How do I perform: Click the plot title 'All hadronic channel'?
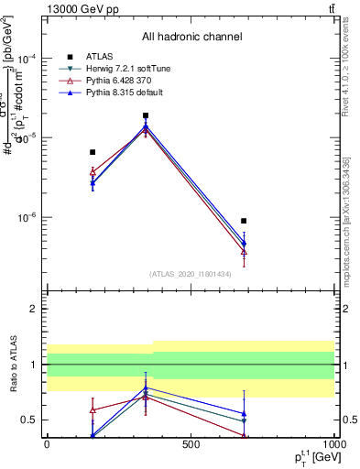click(x=191, y=38)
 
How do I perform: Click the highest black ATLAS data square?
click(x=146, y=115)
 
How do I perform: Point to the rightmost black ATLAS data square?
click(x=244, y=221)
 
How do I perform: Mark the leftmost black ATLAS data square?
click(x=93, y=152)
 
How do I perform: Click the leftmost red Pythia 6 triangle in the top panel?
click(x=93, y=171)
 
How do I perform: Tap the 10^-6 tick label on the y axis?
click(x=27, y=218)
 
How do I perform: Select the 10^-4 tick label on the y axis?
click(x=27, y=58)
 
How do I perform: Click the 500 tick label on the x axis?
click(x=191, y=443)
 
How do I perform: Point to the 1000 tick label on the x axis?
click(x=332, y=443)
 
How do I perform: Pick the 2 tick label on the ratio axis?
click(x=34, y=309)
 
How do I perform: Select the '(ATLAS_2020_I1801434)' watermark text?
click(x=191, y=274)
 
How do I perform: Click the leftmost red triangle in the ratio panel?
click(x=93, y=409)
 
